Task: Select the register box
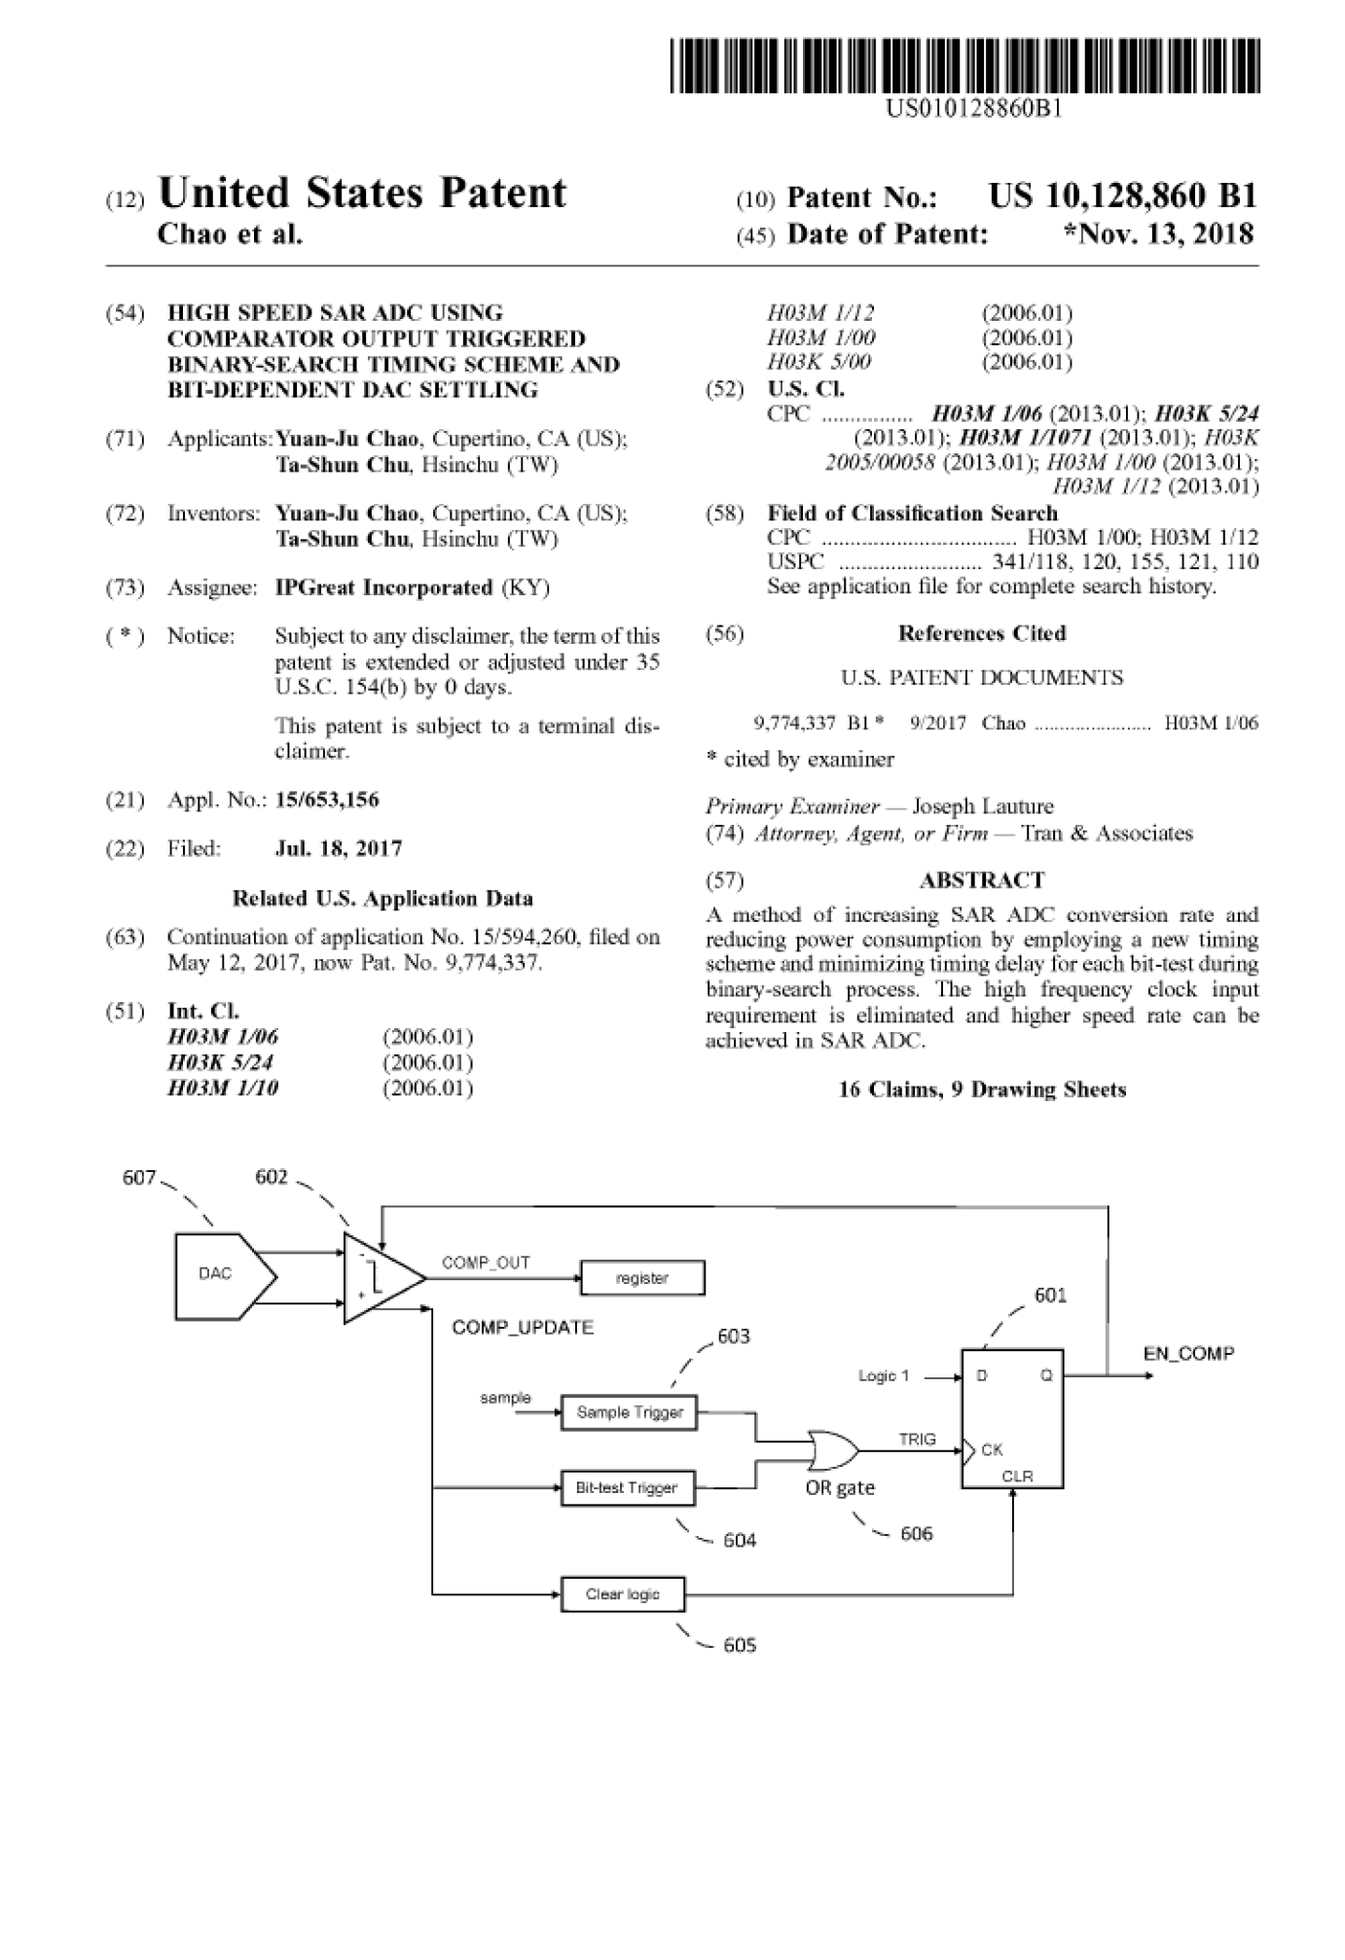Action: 642,1278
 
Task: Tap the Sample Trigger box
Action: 630,1412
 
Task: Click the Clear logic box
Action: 623,1594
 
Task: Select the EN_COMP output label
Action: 1188,1353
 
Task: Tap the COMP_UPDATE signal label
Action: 523,1328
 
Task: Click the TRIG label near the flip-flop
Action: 917,1439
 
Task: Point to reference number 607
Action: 139,1178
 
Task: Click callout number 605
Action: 740,1645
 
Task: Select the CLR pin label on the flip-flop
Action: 1017,1476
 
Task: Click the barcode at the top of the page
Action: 964,65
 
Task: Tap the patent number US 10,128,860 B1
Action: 1122,196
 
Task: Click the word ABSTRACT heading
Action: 982,880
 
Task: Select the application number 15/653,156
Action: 327,800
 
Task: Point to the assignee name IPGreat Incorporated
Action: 384,588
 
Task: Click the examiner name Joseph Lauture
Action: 983,806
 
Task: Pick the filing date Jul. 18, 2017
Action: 339,848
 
